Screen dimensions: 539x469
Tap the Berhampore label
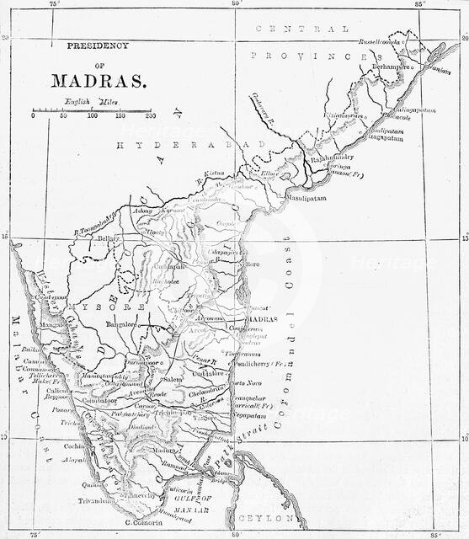393,65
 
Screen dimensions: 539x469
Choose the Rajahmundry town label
332,157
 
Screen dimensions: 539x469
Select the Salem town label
173,380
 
